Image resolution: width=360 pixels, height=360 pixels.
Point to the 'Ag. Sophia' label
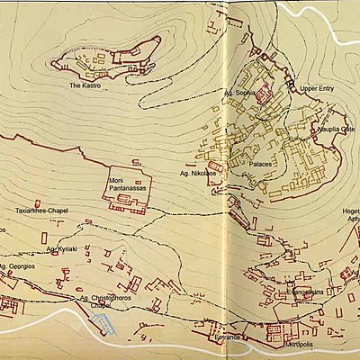coord(238,92)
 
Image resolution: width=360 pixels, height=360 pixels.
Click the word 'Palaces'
coord(262,166)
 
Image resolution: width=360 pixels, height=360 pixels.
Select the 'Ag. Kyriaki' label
coord(61,246)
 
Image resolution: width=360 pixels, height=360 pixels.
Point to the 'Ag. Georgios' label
coord(17,267)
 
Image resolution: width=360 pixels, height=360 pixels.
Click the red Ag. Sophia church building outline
coord(263,94)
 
